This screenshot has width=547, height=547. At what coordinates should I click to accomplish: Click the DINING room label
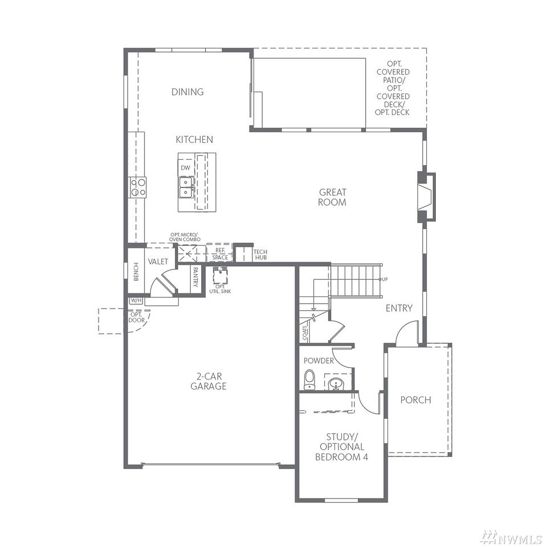[x=187, y=92]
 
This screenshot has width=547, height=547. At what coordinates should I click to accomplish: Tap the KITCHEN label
[x=194, y=140]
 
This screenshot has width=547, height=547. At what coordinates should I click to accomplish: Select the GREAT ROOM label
[x=332, y=197]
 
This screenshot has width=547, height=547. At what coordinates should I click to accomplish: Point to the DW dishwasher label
[x=186, y=168]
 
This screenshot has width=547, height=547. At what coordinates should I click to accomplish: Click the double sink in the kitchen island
[x=186, y=187]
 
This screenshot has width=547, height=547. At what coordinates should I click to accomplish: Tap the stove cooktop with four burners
[x=137, y=187]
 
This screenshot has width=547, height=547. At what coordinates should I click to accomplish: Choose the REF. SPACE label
[x=220, y=254]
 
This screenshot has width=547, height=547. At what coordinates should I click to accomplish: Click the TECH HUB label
[x=260, y=255]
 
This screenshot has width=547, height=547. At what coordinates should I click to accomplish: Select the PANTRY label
[x=195, y=277]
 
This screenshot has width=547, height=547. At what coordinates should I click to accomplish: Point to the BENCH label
[x=136, y=271]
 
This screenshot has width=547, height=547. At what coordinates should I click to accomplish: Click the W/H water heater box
[x=136, y=300]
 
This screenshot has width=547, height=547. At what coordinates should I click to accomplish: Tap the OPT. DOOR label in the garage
[x=136, y=317]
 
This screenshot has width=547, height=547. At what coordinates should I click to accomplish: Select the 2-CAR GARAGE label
[x=209, y=381]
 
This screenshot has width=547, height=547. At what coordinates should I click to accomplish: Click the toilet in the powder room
[x=309, y=380]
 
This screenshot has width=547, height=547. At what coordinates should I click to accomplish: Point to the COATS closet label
[x=305, y=333]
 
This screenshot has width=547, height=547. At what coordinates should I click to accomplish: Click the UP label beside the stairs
[x=385, y=279]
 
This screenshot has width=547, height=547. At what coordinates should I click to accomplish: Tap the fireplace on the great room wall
[x=427, y=197]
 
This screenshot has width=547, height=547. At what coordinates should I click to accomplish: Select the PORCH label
[x=415, y=400]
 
